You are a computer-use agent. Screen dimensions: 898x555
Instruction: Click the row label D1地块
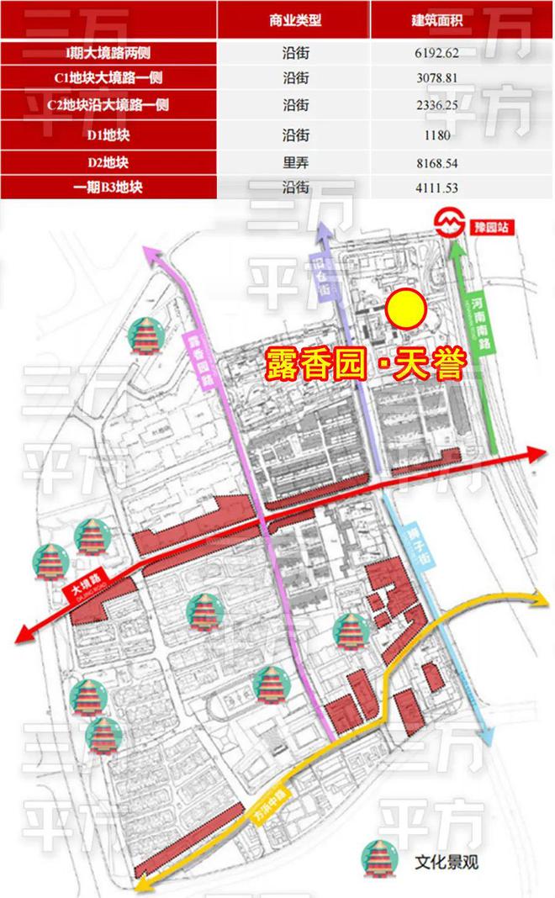[108, 134]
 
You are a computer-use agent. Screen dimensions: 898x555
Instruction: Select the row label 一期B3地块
[108, 187]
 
